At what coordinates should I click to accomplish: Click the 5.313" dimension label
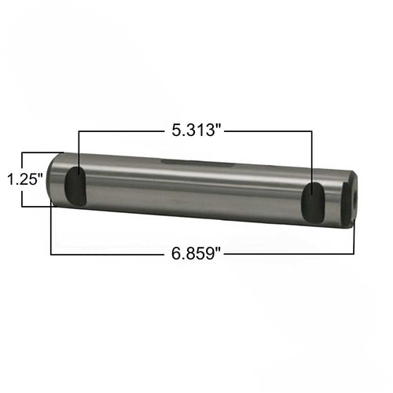[x=196, y=130]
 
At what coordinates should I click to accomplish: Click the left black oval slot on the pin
[x=76, y=186]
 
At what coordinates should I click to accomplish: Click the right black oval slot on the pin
[x=313, y=204]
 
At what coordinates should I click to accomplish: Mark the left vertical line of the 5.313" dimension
[x=79, y=149]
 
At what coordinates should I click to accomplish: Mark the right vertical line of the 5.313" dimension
[x=314, y=157]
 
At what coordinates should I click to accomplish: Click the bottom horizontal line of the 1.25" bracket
[x=35, y=206]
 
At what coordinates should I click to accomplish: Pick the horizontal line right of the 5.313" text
[x=267, y=131]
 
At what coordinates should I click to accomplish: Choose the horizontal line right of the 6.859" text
[x=291, y=254]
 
